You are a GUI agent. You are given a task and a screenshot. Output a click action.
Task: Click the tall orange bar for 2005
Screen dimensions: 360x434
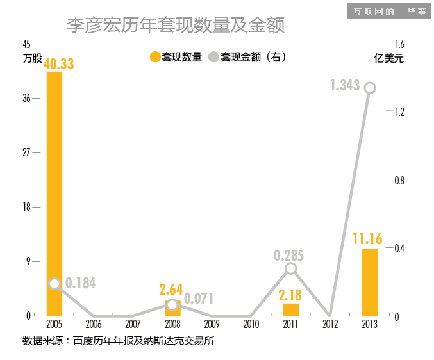point(54,192)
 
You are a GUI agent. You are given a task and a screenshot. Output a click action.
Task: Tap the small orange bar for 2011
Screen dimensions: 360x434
point(291,309)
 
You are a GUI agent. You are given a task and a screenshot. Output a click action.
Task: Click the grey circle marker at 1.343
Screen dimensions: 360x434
point(369,88)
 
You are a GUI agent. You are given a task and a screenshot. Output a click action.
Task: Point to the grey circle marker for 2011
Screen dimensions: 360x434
point(291,268)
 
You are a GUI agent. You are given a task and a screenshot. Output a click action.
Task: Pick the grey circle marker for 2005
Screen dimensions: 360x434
point(54,284)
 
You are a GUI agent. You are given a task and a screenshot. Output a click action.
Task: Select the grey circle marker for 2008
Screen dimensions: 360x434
point(172,304)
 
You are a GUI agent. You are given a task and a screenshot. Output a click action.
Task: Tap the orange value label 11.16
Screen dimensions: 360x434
point(367,239)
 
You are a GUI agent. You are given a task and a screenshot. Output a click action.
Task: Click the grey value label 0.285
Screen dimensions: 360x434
point(289,254)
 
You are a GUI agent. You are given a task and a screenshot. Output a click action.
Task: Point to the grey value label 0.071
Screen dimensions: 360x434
point(199,299)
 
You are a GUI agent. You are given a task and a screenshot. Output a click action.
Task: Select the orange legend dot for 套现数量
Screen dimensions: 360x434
point(154,57)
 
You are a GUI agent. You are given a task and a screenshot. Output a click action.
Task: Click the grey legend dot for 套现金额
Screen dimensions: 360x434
point(213,57)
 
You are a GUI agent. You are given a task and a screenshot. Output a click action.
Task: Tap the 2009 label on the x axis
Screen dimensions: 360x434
point(212,325)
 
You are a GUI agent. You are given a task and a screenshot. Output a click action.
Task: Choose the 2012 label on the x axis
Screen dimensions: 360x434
point(330,325)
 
